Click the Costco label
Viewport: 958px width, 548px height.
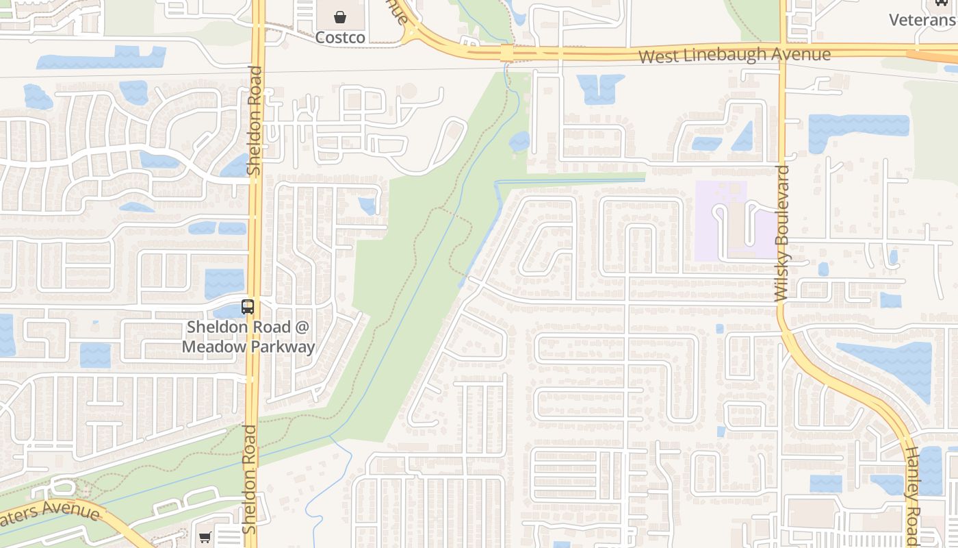(340, 37)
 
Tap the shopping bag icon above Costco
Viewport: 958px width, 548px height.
(340, 16)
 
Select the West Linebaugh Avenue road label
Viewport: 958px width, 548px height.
(734, 55)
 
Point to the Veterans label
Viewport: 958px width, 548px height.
(922, 19)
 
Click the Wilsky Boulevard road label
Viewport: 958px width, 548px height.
(782, 233)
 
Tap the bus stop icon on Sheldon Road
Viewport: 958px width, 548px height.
(248, 307)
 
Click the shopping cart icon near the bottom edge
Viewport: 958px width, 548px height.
(205, 538)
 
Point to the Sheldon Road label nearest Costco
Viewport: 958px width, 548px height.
(255, 120)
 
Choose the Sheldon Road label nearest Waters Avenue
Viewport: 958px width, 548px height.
(250, 480)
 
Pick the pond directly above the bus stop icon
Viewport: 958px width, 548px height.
(224, 283)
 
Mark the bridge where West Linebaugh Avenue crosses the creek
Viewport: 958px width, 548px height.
(506, 53)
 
